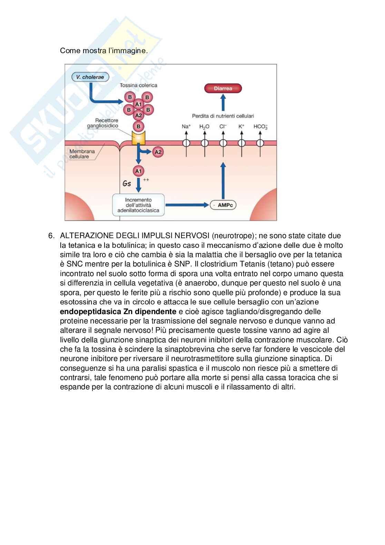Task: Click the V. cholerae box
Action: (x=90, y=77)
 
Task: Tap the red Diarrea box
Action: (x=223, y=88)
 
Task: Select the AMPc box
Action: (x=224, y=205)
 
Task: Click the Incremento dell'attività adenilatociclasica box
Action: (x=138, y=205)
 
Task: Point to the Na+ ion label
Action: (x=186, y=127)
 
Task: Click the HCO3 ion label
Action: (x=260, y=127)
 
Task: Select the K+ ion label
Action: (x=241, y=127)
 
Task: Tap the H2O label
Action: (x=204, y=127)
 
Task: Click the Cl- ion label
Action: (x=223, y=127)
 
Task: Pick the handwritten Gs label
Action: (x=127, y=184)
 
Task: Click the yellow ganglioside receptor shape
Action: (x=138, y=139)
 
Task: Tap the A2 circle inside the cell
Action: (x=158, y=152)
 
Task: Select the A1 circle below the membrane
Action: (x=138, y=171)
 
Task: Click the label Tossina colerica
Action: (x=138, y=85)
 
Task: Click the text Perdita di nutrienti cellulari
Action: (x=223, y=116)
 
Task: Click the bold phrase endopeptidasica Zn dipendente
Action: (x=118, y=312)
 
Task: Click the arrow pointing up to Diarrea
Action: (x=223, y=102)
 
